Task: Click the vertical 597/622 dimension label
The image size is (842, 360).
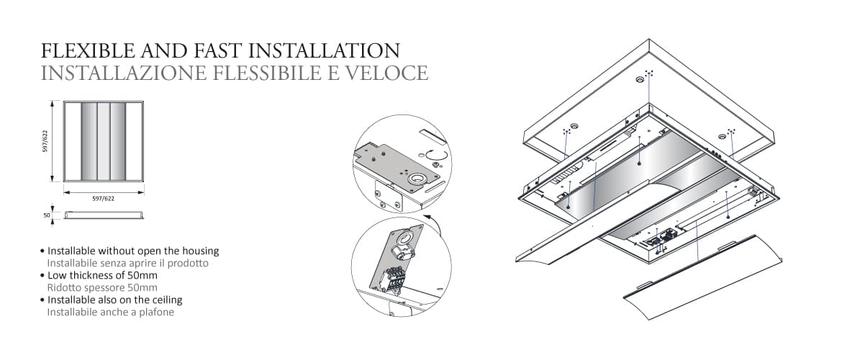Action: click(x=45, y=141)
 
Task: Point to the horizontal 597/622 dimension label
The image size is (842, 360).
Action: click(x=104, y=197)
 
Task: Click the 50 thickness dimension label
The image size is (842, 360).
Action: click(x=45, y=215)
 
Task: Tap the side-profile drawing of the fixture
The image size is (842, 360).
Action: click(x=104, y=215)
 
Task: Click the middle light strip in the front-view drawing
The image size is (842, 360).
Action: click(x=104, y=142)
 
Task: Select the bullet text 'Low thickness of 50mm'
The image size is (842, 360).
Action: click(x=102, y=275)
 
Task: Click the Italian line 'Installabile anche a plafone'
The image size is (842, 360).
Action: click(x=110, y=312)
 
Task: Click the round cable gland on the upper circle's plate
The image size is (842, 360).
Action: click(x=416, y=178)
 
